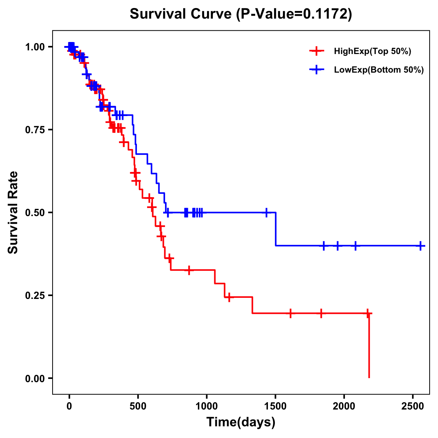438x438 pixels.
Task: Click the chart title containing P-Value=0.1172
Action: click(x=241, y=14)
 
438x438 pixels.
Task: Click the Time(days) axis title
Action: click(x=241, y=422)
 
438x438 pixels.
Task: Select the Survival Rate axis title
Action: click(x=13, y=212)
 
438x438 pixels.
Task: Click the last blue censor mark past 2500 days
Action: click(x=420, y=246)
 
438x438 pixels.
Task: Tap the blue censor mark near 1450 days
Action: click(x=266, y=212)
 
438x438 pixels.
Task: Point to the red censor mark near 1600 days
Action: click(x=290, y=313)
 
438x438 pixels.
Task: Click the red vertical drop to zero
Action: click(x=369, y=347)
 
